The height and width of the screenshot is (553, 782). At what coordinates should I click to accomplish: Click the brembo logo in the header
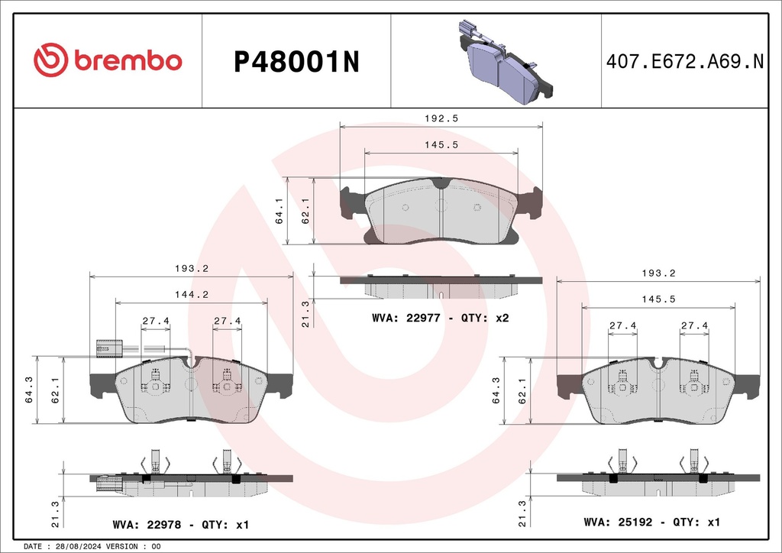click(x=108, y=60)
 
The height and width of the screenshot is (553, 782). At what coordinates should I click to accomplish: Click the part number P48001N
click(x=296, y=61)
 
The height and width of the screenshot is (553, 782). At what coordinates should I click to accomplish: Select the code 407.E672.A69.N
click(x=684, y=61)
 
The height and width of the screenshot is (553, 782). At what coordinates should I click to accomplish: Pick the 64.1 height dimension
click(x=280, y=211)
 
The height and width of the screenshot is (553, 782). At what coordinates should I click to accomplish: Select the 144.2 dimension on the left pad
click(x=191, y=294)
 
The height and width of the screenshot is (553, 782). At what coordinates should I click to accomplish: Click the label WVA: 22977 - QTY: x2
click(x=440, y=317)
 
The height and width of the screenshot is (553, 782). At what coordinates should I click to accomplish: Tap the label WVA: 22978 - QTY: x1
click(x=181, y=526)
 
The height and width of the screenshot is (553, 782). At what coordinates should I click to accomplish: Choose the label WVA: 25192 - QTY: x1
click(x=651, y=522)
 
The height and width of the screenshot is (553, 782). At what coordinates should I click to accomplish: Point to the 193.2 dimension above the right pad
click(x=658, y=273)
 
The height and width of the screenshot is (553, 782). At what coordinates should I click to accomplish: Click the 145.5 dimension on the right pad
click(x=658, y=299)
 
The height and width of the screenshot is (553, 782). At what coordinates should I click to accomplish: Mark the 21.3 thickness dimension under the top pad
click(x=305, y=313)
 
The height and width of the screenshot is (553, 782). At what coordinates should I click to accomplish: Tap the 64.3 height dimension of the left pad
click(x=29, y=390)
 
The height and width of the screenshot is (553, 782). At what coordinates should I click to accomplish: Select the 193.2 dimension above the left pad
click(x=191, y=268)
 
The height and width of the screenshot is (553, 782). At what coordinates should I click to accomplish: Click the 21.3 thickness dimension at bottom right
click(x=522, y=514)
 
